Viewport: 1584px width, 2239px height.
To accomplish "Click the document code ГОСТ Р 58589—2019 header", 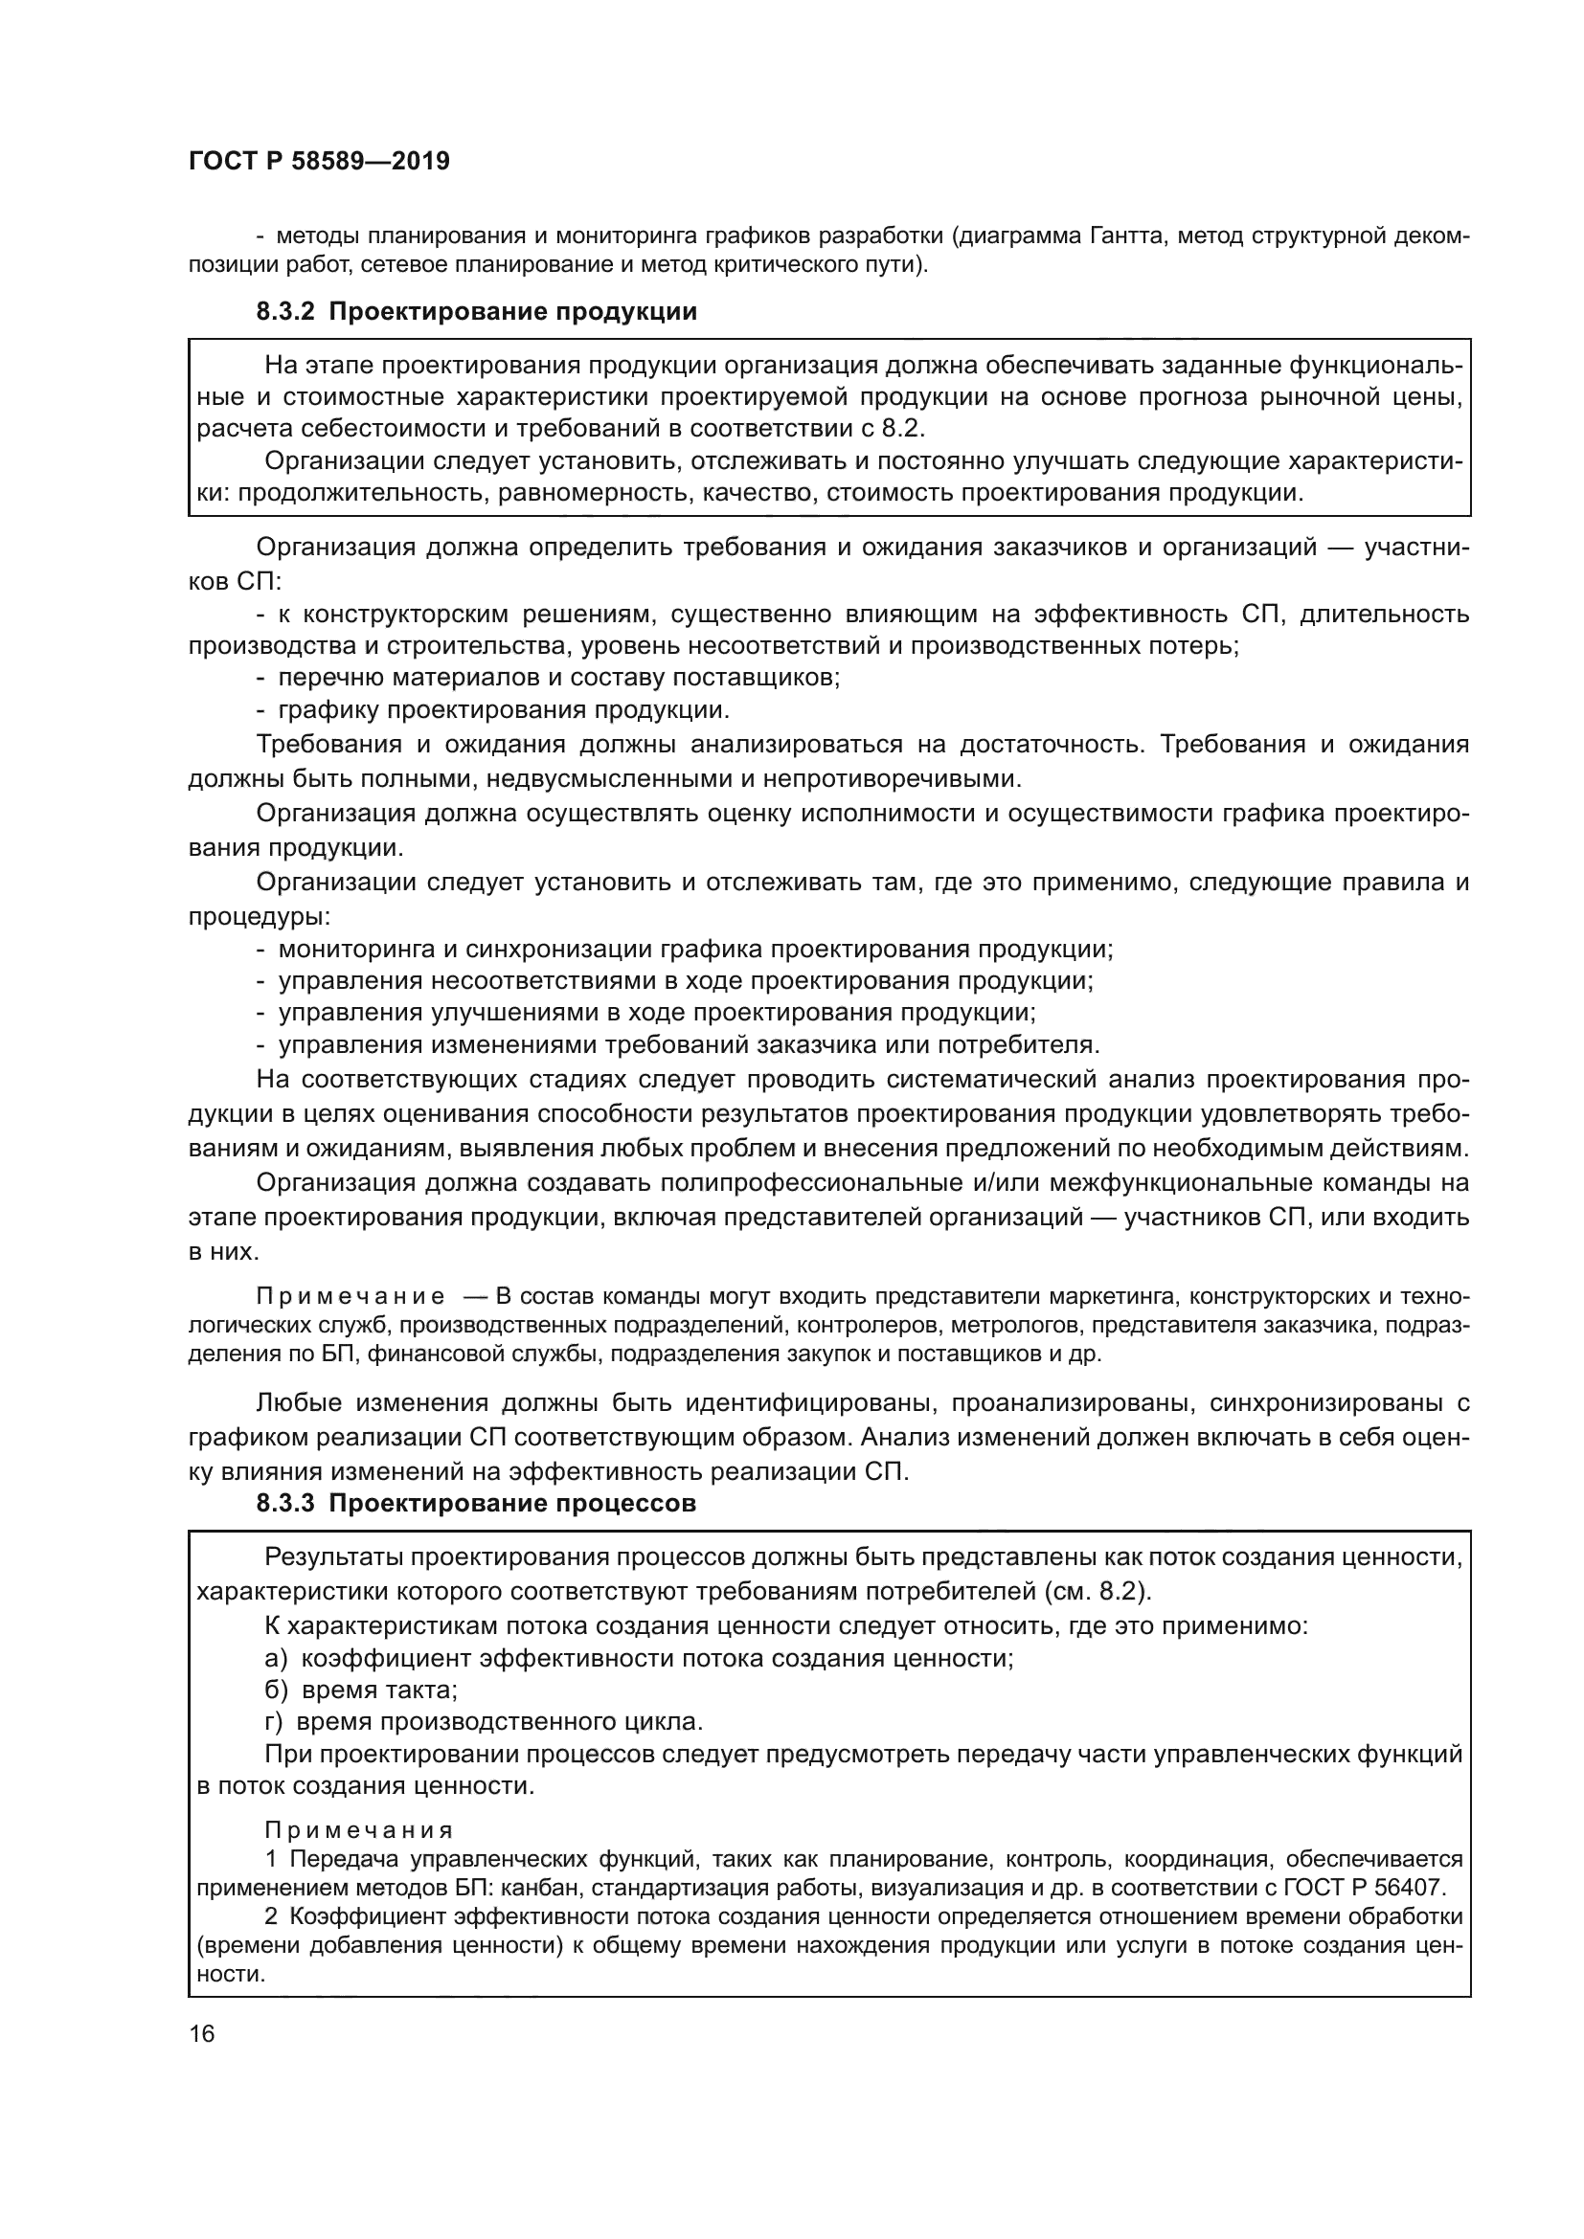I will [x=319, y=162].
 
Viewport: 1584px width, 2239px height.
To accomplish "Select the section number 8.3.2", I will [x=285, y=312].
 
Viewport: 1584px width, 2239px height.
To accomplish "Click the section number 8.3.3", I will [x=285, y=1503].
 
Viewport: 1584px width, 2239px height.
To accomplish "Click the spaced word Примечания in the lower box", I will [x=359, y=1830].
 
